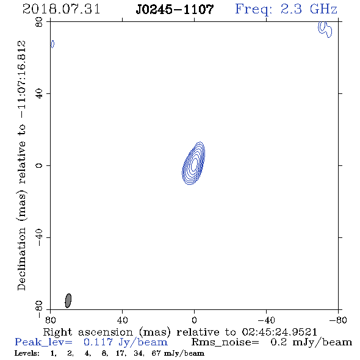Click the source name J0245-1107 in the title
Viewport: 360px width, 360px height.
tap(175, 10)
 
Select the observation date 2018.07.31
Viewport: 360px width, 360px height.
tap(61, 9)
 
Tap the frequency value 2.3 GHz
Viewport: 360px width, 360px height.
tap(309, 9)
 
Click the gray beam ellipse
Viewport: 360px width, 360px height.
tap(68, 301)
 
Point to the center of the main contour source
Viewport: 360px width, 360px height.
tap(193, 164)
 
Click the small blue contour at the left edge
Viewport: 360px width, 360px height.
tap(52, 44)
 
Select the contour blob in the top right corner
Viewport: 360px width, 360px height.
tap(325, 29)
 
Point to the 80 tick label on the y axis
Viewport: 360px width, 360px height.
tap(39, 22)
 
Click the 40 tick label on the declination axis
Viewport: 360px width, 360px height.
tap(39, 94)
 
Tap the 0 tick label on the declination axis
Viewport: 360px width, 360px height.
tap(39, 165)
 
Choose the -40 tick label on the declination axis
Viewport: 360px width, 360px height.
tap(39, 237)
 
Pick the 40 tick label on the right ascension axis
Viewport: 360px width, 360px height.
tap(122, 320)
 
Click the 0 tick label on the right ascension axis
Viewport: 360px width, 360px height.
tap(194, 320)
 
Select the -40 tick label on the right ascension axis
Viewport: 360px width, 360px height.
tap(266, 320)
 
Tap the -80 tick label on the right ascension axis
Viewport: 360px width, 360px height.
tap(338, 320)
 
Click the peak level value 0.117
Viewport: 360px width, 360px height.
tap(98, 342)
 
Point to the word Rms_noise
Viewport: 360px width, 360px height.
tap(225, 342)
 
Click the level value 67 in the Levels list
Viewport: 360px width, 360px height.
tap(156, 353)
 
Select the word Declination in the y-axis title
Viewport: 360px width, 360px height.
tap(21, 259)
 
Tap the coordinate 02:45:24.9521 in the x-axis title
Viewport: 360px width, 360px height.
tap(279, 332)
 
